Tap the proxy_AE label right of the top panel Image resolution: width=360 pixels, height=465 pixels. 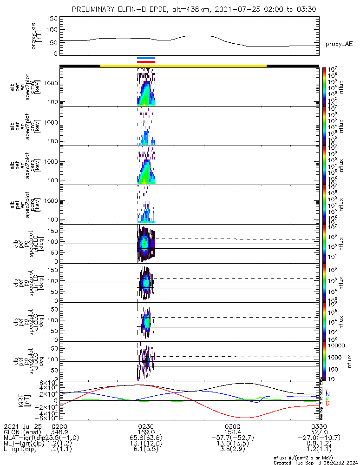tap(339, 44)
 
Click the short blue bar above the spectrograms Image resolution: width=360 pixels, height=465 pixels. tap(146, 58)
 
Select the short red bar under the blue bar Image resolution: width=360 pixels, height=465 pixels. tap(146, 61)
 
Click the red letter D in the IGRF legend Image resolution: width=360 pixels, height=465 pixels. tap(327, 403)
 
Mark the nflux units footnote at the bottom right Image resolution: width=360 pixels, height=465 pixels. tap(316, 457)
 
